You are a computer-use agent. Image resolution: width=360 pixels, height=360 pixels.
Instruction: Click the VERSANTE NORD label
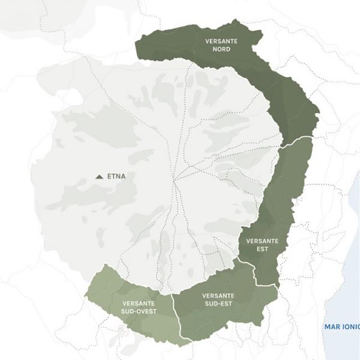(x=221, y=45)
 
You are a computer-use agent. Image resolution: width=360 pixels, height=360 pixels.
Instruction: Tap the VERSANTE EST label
(x=262, y=244)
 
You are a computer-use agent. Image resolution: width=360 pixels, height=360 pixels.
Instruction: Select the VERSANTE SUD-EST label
(x=218, y=299)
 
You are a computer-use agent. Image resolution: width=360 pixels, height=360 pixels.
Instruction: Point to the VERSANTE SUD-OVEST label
(x=139, y=307)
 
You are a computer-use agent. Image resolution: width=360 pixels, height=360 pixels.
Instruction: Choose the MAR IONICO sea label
(x=341, y=327)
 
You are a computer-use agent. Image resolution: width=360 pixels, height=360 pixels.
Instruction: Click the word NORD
(x=221, y=49)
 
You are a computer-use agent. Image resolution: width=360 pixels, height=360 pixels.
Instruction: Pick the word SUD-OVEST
(x=139, y=311)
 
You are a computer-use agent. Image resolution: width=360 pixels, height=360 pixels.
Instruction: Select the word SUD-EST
(x=218, y=304)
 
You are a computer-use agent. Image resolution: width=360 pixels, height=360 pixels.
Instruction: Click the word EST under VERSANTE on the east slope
(x=262, y=248)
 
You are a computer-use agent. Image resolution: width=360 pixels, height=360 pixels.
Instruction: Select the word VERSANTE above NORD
(x=221, y=41)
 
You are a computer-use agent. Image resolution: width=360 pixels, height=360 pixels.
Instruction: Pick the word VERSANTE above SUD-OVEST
(x=139, y=303)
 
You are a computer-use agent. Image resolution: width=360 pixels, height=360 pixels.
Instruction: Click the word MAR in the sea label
(x=332, y=327)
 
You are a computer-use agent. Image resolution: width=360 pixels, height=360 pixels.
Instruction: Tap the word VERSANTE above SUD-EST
(x=218, y=296)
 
